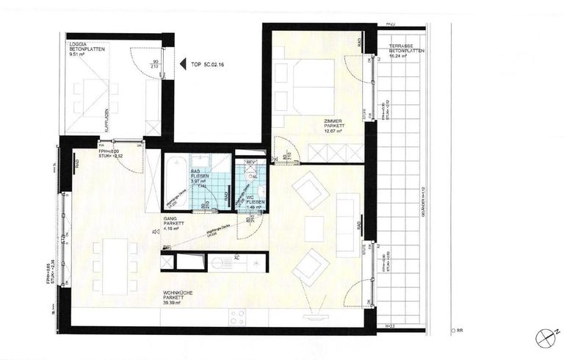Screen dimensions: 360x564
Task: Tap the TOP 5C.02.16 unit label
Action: coord(206,65)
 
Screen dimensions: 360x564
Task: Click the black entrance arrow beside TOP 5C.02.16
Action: coord(180,65)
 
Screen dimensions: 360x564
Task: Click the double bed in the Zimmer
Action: coord(303,85)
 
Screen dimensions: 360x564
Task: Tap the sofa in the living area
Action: coord(348,224)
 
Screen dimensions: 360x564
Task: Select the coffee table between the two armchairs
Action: coord(314,224)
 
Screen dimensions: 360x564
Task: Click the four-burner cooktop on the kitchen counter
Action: coord(237,317)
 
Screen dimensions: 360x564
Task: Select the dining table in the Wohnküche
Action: coord(115,264)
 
